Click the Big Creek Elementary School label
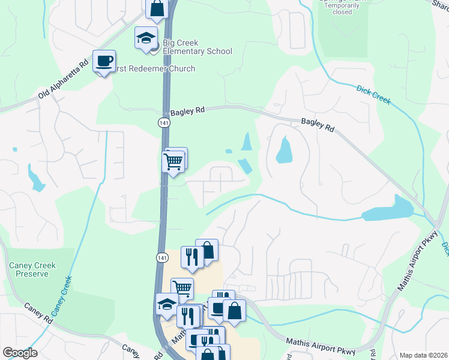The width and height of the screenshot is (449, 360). [x=197, y=47]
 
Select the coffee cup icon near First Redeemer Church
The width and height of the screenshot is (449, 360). [x=104, y=61]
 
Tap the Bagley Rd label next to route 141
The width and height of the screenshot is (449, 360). [x=187, y=112]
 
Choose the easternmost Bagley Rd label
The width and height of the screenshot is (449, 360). [x=318, y=125]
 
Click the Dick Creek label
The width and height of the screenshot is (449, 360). [x=373, y=95]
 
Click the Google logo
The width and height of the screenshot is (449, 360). [x=20, y=353]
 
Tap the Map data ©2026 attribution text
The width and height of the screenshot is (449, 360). [x=423, y=355]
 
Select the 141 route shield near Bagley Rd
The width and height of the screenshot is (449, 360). [x=163, y=122]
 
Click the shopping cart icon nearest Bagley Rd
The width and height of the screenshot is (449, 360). [x=173, y=161]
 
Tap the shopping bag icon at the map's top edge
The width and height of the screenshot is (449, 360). [x=157, y=8]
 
